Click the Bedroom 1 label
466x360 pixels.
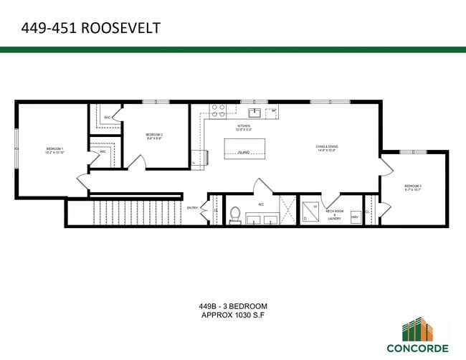[x=55, y=151]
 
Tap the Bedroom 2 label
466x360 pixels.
[x=154, y=136]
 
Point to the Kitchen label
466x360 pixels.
[x=244, y=128]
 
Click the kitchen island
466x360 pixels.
[x=244, y=148]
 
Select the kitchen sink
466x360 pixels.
[x=255, y=112]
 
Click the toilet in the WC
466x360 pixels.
[x=235, y=214]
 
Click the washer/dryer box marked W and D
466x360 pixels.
[x=309, y=209]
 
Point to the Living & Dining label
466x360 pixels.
[x=327, y=148]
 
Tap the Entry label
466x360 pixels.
[x=192, y=208]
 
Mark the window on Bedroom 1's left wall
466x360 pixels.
[x=16, y=148]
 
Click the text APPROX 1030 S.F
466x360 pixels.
[x=234, y=314]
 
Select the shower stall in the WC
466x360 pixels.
[x=287, y=209]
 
